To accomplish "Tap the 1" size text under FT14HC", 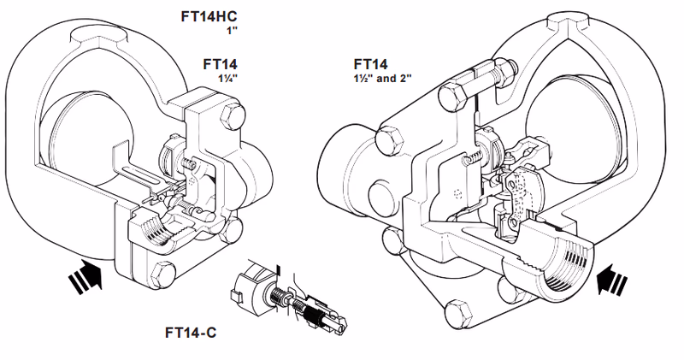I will pyautogui.click(x=230, y=32).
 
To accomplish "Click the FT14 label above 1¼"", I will pyautogui.click(x=220, y=63).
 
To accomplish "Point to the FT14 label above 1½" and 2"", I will pyautogui.click(x=370, y=63).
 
